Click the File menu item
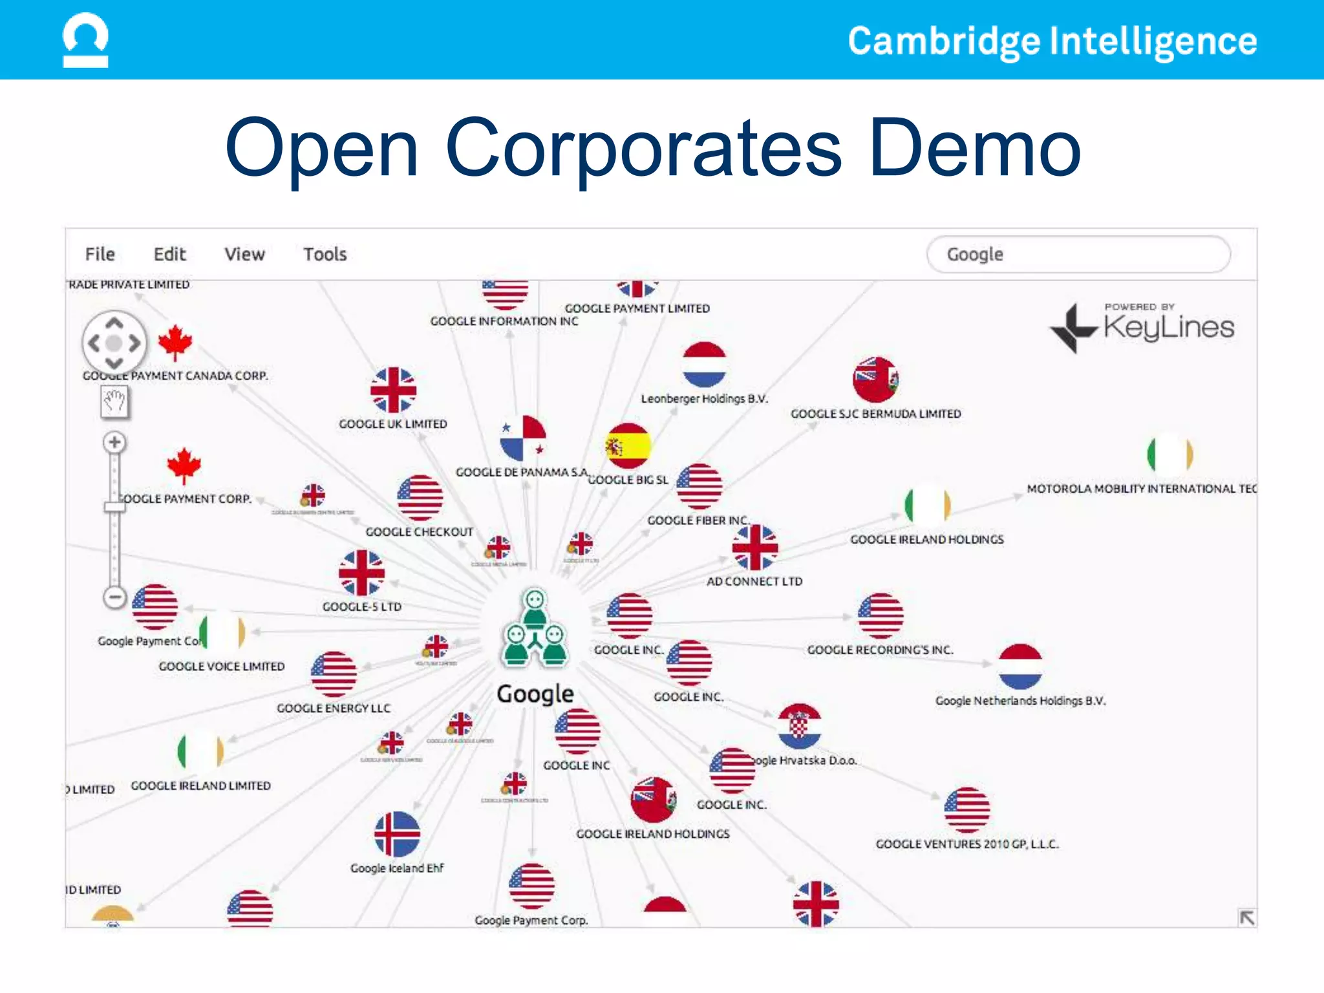click(x=100, y=254)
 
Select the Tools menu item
click(x=325, y=254)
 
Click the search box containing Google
click(x=1078, y=254)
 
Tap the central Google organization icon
click(x=535, y=628)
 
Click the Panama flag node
click(x=522, y=438)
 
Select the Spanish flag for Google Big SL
click(x=628, y=445)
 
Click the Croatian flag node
click(x=799, y=725)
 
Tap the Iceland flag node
click(x=397, y=833)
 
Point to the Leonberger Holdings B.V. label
click(x=704, y=399)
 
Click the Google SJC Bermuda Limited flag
click(x=875, y=379)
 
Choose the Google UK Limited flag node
click(x=393, y=390)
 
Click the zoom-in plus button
click(x=114, y=442)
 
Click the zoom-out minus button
click(x=114, y=597)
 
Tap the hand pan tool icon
click(x=115, y=401)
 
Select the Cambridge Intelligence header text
click(x=1052, y=41)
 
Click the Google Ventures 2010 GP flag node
click(x=966, y=809)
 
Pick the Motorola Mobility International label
click(x=1141, y=489)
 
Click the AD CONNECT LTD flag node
click(x=754, y=547)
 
